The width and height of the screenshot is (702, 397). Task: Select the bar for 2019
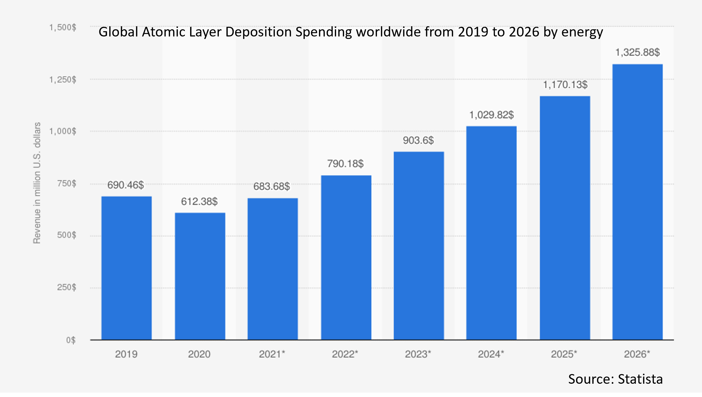coord(126,268)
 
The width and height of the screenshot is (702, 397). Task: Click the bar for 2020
coord(200,276)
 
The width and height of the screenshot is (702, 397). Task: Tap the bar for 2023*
coord(419,246)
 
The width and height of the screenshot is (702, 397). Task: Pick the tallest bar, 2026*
coord(637,202)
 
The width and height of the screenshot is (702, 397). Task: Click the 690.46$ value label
coord(126,185)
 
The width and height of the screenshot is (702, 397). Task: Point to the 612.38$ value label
coord(199,202)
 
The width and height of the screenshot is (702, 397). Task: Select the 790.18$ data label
coord(345,164)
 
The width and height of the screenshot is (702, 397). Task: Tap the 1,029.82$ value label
coord(491,115)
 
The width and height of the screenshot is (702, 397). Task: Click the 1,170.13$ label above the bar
coord(565,85)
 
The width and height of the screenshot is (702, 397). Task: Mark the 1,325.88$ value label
coord(638,52)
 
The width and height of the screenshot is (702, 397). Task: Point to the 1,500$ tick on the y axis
coord(63,28)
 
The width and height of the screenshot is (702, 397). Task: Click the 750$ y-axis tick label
coord(67,184)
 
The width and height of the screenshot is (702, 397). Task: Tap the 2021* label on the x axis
coord(272,354)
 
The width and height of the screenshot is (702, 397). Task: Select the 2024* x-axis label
coord(491,354)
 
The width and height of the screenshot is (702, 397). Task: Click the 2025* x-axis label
coord(564,354)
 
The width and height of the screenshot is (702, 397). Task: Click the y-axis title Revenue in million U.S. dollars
coord(37,183)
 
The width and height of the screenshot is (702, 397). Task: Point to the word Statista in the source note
coord(640,379)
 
